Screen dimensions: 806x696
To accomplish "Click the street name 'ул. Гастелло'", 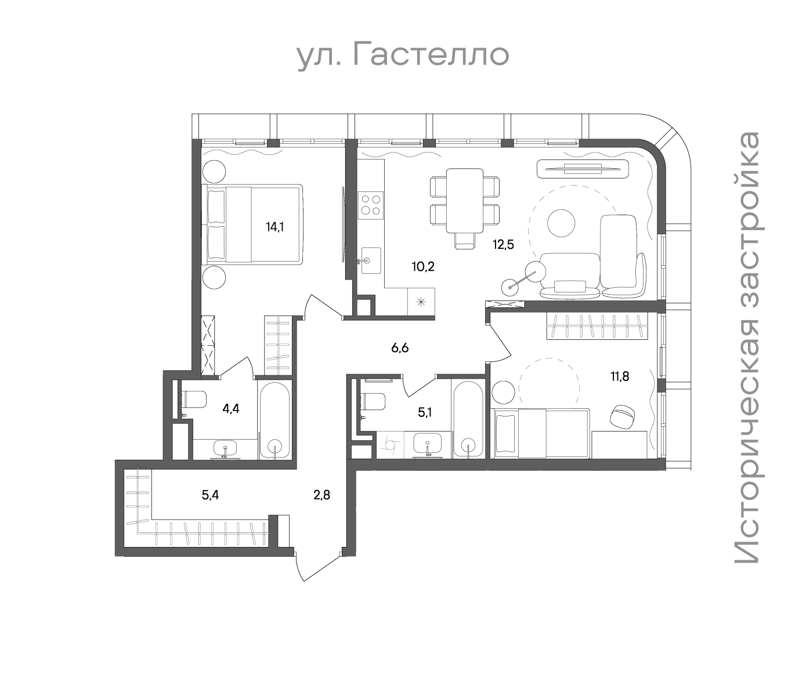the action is coord(403,56).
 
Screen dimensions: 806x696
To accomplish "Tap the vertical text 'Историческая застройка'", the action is coord(747,348).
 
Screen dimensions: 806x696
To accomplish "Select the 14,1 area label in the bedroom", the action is coord(275,226).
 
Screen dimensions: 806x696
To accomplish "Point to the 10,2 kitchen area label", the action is coord(423,267).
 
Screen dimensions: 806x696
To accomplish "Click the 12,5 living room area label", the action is coord(503,245).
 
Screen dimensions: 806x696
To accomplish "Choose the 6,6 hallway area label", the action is coord(400,348).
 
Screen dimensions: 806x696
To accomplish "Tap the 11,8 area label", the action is coord(620,376).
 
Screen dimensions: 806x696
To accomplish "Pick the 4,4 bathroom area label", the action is coord(231,409).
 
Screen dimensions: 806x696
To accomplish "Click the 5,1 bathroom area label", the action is coord(425,413).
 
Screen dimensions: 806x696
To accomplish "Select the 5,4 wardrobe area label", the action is coord(210,495).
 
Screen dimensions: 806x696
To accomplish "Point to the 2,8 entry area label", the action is coord(321,495).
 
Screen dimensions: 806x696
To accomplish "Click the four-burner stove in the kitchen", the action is coord(371,205).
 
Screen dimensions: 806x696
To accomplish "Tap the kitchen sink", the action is coord(370,260).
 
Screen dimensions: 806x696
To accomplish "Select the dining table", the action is coord(465,200).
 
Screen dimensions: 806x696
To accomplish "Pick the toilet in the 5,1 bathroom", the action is coord(373,401).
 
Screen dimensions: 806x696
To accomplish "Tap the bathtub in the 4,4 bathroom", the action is coord(274,420).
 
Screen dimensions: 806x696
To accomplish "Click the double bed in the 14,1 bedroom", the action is coord(252,224).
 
